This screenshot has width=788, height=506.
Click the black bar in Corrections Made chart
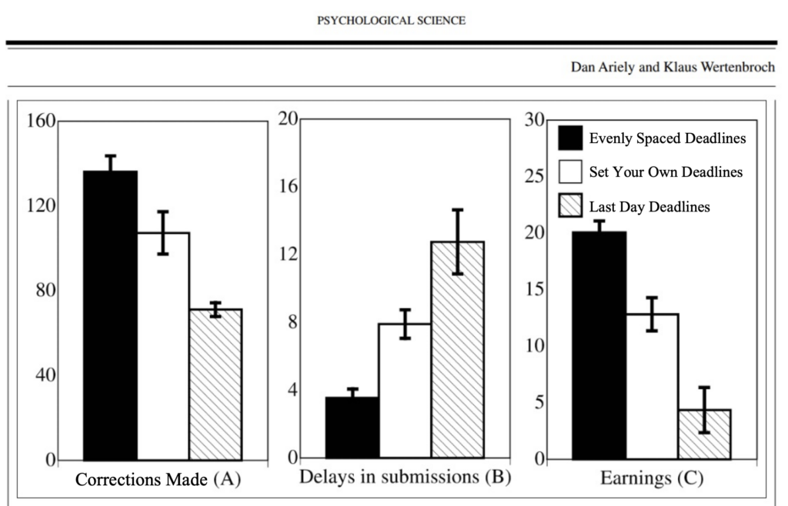(x=110, y=315)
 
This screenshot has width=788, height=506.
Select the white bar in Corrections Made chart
(x=163, y=346)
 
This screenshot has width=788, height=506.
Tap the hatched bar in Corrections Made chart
(x=215, y=384)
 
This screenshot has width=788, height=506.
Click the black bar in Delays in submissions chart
(x=352, y=428)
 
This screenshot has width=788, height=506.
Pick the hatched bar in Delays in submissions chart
(x=457, y=349)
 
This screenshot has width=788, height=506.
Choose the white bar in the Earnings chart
(x=652, y=387)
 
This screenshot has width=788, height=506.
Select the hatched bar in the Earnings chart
(x=704, y=434)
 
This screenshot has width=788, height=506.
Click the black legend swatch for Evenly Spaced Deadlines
(x=570, y=138)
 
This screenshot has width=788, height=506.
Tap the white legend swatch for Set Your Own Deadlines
(x=570, y=171)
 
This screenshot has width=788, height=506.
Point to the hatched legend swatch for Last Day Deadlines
(x=570, y=206)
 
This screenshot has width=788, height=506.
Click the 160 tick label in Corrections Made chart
(x=41, y=121)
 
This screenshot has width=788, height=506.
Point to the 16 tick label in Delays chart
(x=289, y=187)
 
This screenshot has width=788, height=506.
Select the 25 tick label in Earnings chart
(x=535, y=176)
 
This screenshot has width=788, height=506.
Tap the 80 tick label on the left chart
(x=45, y=290)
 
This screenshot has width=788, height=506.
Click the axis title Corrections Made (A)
(x=159, y=479)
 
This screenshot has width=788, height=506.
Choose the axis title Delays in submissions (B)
(x=405, y=477)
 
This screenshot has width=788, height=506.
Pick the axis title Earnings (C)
(x=652, y=478)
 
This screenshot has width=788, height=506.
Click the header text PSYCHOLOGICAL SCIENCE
(x=391, y=21)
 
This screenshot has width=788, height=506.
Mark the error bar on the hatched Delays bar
(x=457, y=242)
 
